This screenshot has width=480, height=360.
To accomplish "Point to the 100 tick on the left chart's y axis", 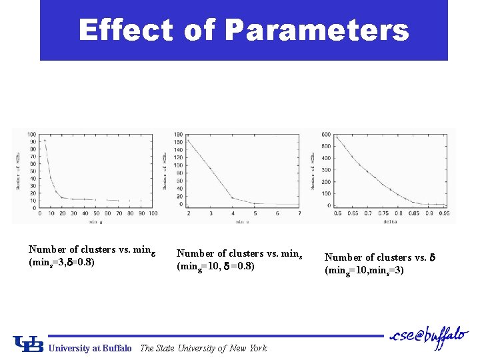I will pyautogui.click(x=32, y=134).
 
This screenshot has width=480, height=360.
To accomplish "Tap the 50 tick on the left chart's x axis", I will pyautogui.click(x=97, y=213).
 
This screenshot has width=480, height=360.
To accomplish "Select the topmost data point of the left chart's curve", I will pyautogui.click(x=45, y=140).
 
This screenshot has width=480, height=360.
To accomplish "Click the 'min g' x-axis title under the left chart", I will pyautogui.click(x=96, y=221).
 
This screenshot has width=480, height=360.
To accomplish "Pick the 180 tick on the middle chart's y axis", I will pyautogui.click(x=179, y=135).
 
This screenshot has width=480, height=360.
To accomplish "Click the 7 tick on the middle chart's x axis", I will pyautogui.click(x=299, y=213).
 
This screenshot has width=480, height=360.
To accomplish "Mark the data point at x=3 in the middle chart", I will pyautogui.click(x=211, y=168).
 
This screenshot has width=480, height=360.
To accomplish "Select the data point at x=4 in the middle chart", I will pyautogui.click(x=233, y=197).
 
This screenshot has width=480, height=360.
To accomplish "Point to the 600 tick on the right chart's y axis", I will pyautogui.click(x=326, y=135).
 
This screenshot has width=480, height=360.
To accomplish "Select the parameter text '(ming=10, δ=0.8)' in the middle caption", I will pyautogui.click(x=215, y=267).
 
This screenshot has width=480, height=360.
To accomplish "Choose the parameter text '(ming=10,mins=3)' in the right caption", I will pyautogui.click(x=363, y=270).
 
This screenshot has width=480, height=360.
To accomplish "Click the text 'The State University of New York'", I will pyautogui.click(x=203, y=348).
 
